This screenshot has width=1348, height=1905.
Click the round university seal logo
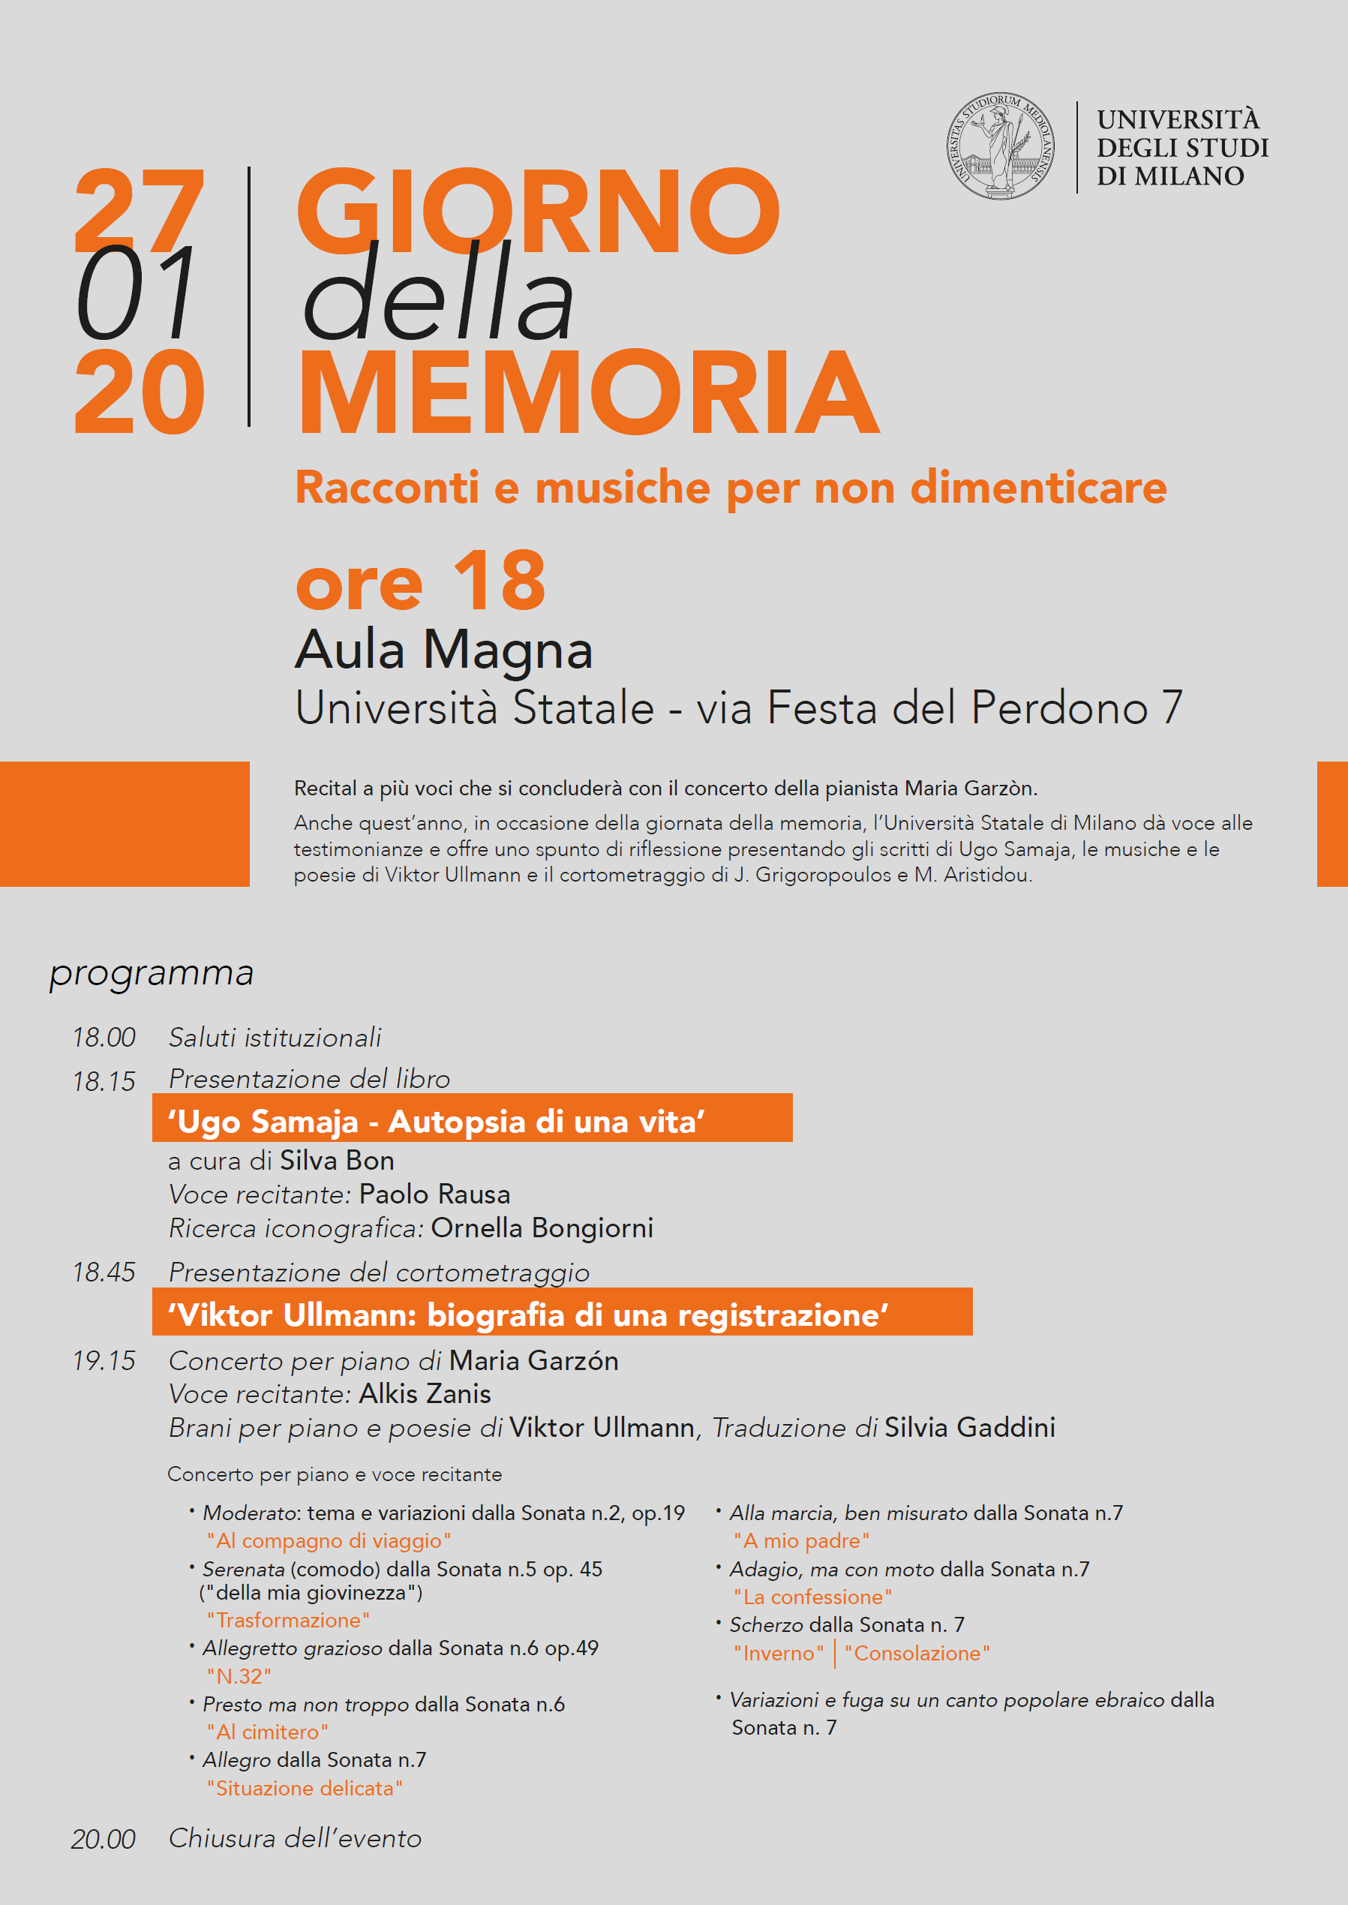(x=1000, y=146)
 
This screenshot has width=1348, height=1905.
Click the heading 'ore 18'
(x=421, y=581)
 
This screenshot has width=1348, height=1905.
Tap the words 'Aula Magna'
(x=444, y=649)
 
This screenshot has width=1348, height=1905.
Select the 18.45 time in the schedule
(x=104, y=1272)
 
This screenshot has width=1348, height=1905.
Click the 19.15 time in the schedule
(x=104, y=1360)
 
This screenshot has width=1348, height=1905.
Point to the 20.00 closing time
(x=103, y=1838)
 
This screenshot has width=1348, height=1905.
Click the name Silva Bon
(x=337, y=1161)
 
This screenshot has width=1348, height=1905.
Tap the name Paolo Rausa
(x=434, y=1194)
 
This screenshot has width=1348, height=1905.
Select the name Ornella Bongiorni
(x=542, y=1227)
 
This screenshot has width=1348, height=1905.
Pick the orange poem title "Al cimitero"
(x=267, y=1732)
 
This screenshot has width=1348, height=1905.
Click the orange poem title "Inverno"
(x=779, y=1653)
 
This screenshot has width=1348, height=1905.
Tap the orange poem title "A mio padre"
(x=801, y=1540)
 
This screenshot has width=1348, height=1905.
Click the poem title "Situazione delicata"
(x=305, y=1788)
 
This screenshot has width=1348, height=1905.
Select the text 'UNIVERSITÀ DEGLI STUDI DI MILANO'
(x=1182, y=148)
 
